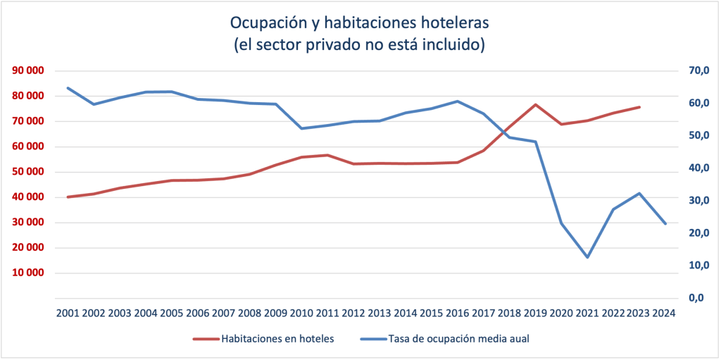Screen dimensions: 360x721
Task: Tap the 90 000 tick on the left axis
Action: (x=26, y=70)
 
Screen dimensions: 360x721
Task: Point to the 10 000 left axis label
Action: (x=26, y=273)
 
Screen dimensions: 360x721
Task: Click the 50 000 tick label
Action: (x=26, y=172)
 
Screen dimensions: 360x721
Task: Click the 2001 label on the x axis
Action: (x=68, y=313)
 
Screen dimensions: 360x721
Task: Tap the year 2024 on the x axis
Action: (x=665, y=313)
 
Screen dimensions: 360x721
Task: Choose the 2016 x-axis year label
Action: (x=458, y=313)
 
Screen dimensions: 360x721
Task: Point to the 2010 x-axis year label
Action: (x=301, y=313)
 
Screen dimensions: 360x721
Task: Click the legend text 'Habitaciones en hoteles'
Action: (x=277, y=339)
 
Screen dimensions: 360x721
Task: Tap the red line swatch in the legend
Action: (x=205, y=339)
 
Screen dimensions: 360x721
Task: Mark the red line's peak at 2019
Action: (x=536, y=104)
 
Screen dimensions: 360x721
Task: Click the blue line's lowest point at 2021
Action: (x=587, y=257)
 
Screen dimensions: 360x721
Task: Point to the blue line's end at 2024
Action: (x=665, y=223)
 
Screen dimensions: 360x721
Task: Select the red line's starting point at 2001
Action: (x=68, y=197)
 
